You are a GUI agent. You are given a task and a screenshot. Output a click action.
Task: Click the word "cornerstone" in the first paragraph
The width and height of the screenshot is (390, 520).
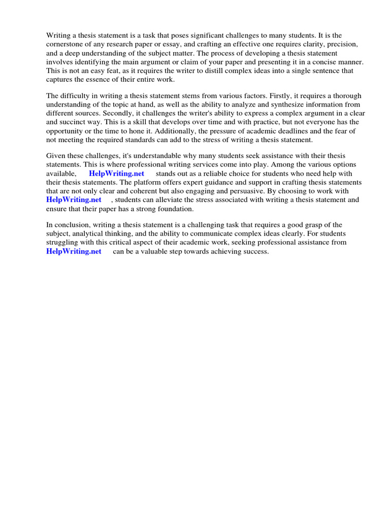coord(66,45)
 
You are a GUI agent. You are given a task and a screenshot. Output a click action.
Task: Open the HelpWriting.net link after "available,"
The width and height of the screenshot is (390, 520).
coord(116,173)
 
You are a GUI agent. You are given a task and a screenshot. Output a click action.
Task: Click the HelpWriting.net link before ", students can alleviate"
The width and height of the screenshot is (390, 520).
coord(74,200)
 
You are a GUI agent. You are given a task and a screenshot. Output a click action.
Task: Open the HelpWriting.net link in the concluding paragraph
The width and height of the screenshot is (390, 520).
coord(74,251)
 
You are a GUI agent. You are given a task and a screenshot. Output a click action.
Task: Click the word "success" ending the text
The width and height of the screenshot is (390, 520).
coord(255,251)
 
